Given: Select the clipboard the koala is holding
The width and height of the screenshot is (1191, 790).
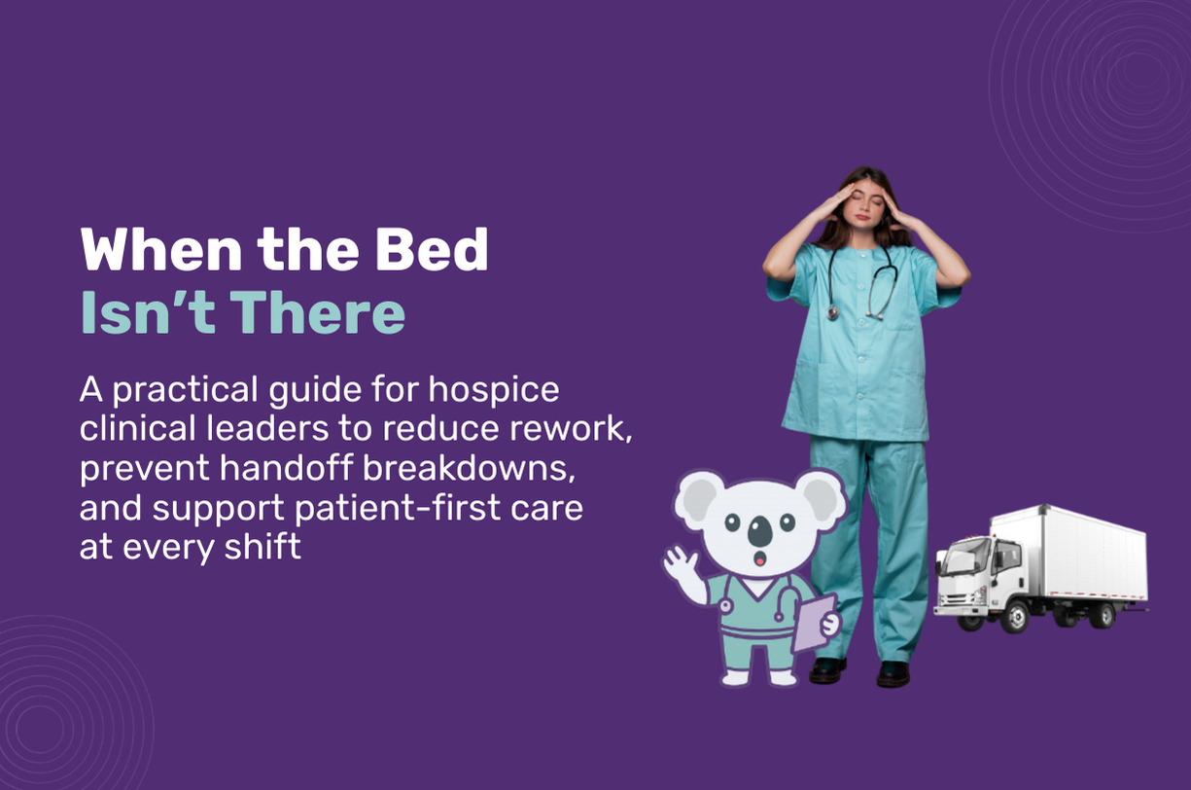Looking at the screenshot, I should click(x=815, y=623).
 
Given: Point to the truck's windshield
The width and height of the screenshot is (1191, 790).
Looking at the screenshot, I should click(x=958, y=558).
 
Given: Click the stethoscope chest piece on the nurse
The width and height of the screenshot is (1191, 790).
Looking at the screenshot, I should click(x=833, y=312).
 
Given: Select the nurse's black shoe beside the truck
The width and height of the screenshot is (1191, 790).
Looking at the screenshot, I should click(x=893, y=674).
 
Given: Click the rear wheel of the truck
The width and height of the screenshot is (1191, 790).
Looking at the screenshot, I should click(x=1103, y=614).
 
